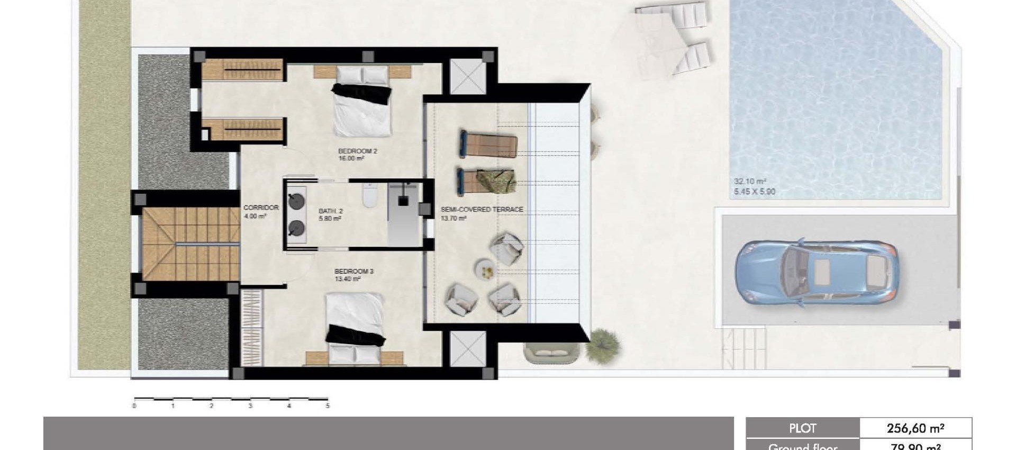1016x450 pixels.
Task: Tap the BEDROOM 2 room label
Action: [358, 151]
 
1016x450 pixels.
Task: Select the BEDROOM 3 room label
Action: [354, 272]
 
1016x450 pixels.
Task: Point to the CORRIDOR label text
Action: [261, 208]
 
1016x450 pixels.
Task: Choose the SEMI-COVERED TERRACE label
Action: [482, 210]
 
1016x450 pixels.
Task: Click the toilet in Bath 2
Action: [369, 196]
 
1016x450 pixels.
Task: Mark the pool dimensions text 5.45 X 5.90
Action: [755, 192]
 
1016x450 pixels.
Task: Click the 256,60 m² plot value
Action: [916, 428]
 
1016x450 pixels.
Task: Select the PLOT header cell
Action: [802, 428]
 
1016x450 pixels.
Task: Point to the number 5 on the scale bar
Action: [328, 406]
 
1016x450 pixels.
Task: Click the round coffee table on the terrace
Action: [485, 269]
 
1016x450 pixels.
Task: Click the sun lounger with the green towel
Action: [486, 181]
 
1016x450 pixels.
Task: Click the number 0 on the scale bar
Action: [134, 406]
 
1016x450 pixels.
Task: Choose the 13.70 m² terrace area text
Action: [453, 218]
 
